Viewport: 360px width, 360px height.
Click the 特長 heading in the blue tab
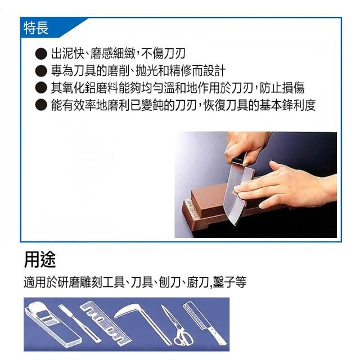pyautogui.click(x=36, y=28)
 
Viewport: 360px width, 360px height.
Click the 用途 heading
pyautogui.click(x=40, y=260)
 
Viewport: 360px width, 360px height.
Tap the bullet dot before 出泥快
pyautogui.click(x=41, y=54)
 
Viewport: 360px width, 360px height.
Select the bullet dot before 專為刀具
pyautogui.click(x=41, y=71)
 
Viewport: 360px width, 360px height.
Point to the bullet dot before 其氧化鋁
pyautogui.click(x=41, y=88)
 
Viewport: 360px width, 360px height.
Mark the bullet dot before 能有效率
pyautogui.click(x=41, y=105)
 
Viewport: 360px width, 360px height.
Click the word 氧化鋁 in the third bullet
pyautogui.click(x=79, y=88)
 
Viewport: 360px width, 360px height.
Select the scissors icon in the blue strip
pyautogui.click(x=176, y=326)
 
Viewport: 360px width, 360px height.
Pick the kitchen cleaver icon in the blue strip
pyautogui.click(x=205, y=324)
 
